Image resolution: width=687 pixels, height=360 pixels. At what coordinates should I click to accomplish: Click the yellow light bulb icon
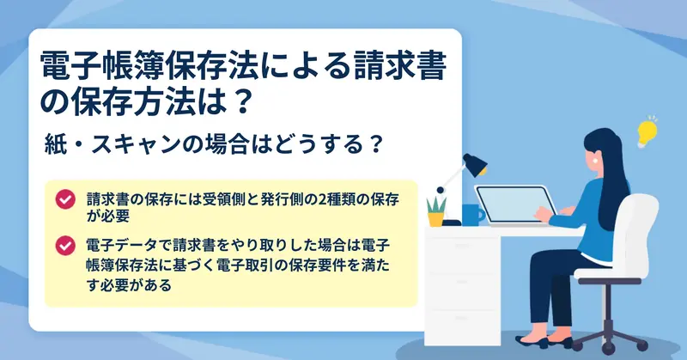pyautogui.click(x=647, y=132)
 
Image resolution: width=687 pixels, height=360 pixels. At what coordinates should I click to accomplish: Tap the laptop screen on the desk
pyautogui.click(x=515, y=204)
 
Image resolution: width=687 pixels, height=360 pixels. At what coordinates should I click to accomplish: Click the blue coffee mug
pyautogui.click(x=473, y=215)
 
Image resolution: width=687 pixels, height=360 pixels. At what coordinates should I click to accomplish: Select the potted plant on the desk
pyautogui.click(x=436, y=211)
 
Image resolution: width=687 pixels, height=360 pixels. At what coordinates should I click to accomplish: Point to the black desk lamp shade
pyautogui.click(x=476, y=164)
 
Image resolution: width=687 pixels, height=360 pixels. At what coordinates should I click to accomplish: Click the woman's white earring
pyautogui.click(x=596, y=161)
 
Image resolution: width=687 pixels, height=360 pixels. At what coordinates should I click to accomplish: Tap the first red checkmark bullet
pyautogui.click(x=65, y=199)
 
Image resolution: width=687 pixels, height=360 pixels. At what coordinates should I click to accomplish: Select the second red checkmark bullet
pyautogui.click(x=65, y=246)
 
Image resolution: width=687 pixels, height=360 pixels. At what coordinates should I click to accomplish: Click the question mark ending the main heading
pyautogui.click(x=242, y=102)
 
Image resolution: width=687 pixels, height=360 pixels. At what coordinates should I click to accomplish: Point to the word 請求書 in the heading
pyautogui.click(x=400, y=66)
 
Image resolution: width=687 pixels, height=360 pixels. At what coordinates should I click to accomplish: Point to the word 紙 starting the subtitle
pyautogui.click(x=55, y=144)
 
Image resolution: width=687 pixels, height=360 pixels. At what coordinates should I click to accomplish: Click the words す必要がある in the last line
pyautogui.click(x=129, y=285)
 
